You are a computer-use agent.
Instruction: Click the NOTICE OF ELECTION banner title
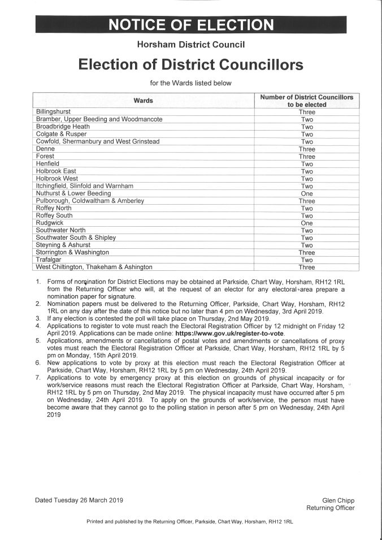(190, 25)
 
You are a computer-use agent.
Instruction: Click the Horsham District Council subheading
(190, 44)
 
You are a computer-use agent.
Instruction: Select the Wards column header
(143, 101)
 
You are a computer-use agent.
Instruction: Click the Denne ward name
(45, 149)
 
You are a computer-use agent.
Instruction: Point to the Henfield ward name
(47, 164)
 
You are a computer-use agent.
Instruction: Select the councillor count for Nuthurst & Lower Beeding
(307, 193)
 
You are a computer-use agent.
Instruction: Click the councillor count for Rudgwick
(307, 223)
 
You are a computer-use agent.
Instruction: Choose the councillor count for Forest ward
(307, 157)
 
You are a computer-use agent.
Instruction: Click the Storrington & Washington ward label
(72, 252)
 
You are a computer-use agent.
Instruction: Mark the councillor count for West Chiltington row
(307, 267)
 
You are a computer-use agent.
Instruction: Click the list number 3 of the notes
(38, 319)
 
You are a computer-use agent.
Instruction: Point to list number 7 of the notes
(38, 378)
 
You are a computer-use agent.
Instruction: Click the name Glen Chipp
(338, 500)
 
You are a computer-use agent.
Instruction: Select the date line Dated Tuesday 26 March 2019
(79, 500)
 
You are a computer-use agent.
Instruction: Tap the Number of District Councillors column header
(306, 101)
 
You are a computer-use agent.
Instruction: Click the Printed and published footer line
(189, 520)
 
